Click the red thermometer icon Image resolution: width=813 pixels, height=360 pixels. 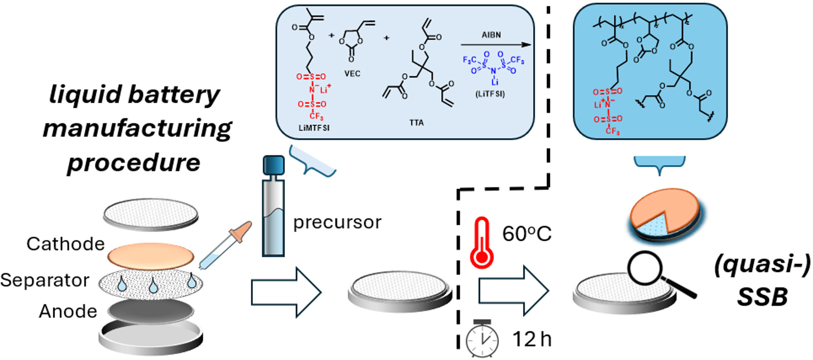pyautogui.click(x=481, y=243)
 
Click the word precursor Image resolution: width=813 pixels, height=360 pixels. pyautogui.click(x=337, y=222)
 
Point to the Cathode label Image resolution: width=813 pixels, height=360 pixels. pyautogui.click(x=65, y=244)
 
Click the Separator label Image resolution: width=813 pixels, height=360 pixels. pyautogui.click(x=45, y=280)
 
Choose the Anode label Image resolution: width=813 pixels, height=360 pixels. pyautogui.click(x=68, y=311)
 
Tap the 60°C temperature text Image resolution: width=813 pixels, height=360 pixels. pyautogui.click(x=526, y=234)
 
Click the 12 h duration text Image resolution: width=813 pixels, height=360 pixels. pyautogui.click(x=531, y=339)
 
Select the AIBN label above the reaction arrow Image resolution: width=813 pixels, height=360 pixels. pyautogui.click(x=491, y=35)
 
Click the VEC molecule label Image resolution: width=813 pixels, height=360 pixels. pyautogui.click(x=352, y=74)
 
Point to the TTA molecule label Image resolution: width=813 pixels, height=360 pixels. pyautogui.click(x=416, y=123)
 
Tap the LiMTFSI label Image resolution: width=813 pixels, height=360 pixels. pyautogui.click(x=314, y=128)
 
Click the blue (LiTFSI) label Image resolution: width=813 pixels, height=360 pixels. pyautogui.click(x=490, y=94)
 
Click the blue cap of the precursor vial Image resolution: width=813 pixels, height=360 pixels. pyautogui.click(x=274, y=165)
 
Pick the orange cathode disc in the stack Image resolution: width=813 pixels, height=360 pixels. pyautogui.click(x=151, y=255)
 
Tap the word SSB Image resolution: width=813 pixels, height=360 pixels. pyautogui.click(x=762, y=297)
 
